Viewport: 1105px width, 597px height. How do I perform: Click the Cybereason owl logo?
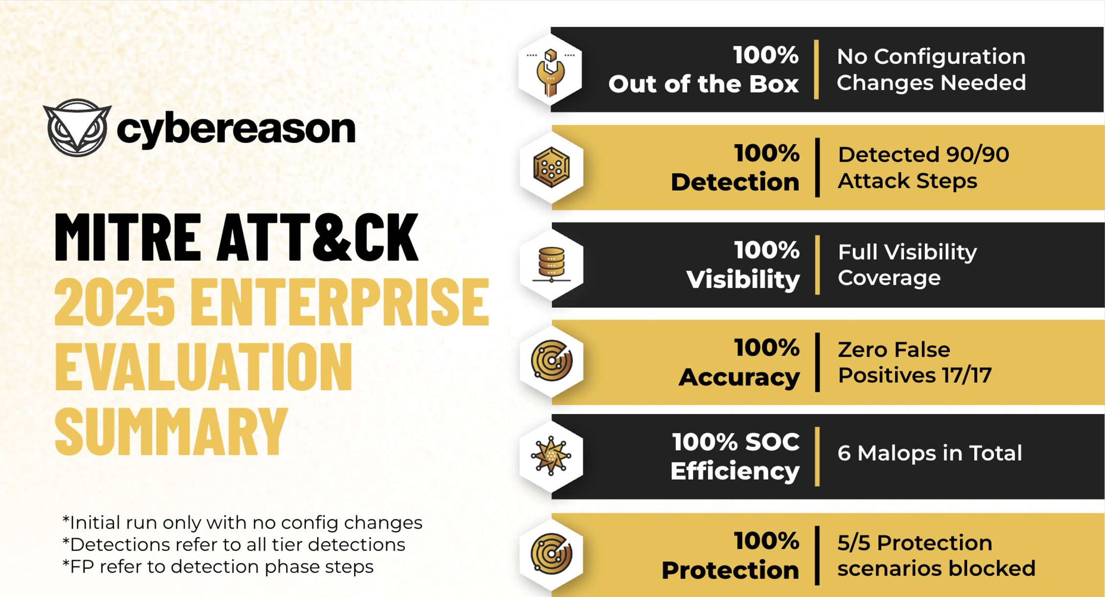point(77,128)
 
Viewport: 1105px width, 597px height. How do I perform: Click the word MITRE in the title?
point(128,237)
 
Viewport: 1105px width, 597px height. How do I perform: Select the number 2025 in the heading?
point(115,301)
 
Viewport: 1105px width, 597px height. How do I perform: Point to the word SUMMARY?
point(171,432)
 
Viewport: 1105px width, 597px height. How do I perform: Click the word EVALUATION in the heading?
point(204,367)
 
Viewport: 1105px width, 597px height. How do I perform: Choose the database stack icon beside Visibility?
point(552,265)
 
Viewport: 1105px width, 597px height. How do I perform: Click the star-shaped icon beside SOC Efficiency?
point(551,456)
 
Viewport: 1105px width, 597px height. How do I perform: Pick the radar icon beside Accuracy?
point(552,360)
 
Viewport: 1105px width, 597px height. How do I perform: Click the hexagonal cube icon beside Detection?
point(552,167)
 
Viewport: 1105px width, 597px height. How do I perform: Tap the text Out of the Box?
point(704,84)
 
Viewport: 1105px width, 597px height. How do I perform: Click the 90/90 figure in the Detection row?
point(977,155)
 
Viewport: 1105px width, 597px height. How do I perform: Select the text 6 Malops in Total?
point(930,453)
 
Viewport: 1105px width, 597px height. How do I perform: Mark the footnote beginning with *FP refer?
point(218,567)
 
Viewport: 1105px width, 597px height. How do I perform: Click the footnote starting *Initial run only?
point(242,523)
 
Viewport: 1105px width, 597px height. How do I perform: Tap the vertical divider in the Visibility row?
point(817,265)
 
